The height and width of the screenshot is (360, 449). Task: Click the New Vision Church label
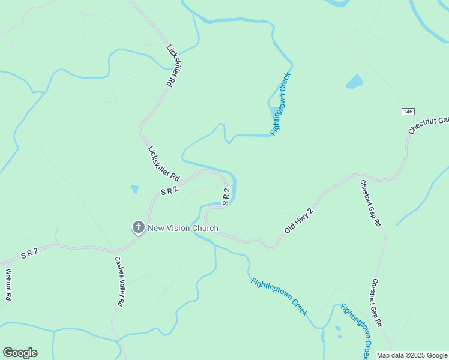coord(183,228)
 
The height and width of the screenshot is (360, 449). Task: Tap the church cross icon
coord(138,227)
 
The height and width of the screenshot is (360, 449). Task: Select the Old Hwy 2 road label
coord(298,220)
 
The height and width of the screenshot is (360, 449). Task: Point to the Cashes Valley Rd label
coord(120,282)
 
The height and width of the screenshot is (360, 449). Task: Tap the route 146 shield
coord(408,112)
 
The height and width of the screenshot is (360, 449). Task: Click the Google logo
coord(20,353)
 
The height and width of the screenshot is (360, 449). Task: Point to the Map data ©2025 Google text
coord(412,355)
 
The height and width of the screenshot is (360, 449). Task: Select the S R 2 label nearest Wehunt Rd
coord(29,254)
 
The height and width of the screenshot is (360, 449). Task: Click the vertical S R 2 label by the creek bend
coord(226,197)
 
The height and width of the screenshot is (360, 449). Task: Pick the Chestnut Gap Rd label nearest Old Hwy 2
coord(370,203)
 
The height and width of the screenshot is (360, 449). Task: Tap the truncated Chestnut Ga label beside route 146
coord(429,125)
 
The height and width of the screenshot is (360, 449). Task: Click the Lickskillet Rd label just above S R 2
coord(164,164)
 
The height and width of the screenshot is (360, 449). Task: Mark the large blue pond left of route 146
coord(355,82)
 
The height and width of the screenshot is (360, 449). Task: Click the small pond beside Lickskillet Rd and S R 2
coord(134,190)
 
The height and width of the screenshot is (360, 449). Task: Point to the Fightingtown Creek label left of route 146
coord(280,104)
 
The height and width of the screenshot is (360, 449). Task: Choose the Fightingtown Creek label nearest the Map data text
coord(355,331)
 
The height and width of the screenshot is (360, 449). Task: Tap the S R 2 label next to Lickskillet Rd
coord(170,191)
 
